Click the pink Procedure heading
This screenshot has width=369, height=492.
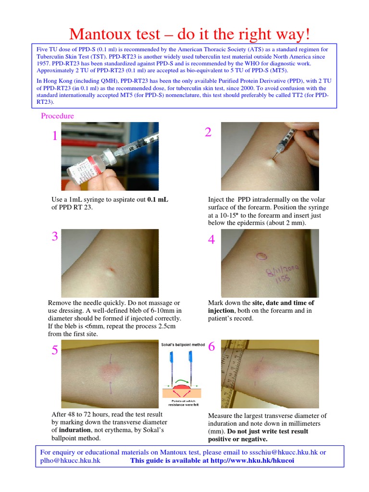point(57,116)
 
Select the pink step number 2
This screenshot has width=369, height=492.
point(208,133)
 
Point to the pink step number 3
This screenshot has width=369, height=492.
point(55,236)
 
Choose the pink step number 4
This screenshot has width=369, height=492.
point(211,240)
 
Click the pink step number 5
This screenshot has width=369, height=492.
point(55,351)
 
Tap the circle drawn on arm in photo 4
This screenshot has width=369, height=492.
point(262,256)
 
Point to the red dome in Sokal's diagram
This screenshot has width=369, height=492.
point(181,386)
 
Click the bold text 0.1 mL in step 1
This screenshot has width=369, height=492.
point(158,199)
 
